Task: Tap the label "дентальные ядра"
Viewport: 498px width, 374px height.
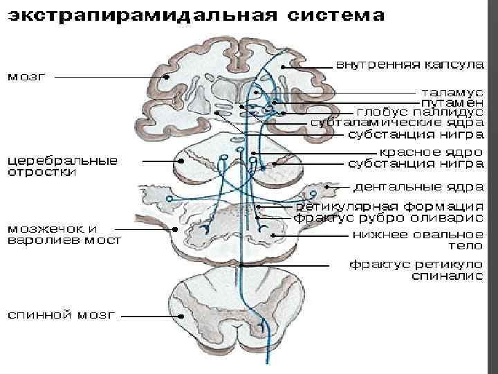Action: [x=418, y=186]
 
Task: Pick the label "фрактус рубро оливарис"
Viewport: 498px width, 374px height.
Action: [x=388, y=217]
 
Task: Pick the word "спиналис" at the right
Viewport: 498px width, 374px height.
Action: [x=448, y=276]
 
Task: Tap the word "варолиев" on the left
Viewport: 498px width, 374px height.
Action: [x=41, y=240]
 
